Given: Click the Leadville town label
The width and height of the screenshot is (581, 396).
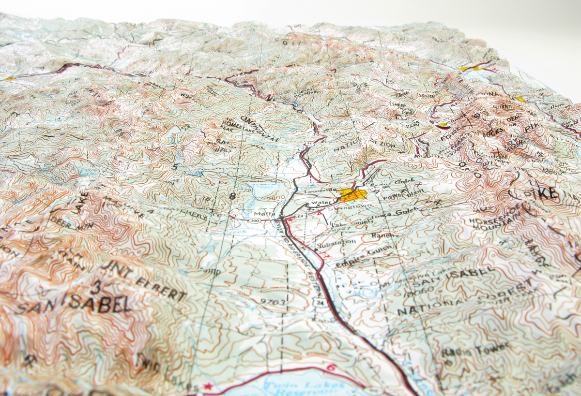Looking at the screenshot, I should pyautogui.click(x=319, y=191).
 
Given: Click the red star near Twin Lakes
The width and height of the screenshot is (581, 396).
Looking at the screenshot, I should pyautogui.click(x=209, y=386).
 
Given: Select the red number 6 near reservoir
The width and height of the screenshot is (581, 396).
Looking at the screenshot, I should pyautogui.click(x=331, y=367).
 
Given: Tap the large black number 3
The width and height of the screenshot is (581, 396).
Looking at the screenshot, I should pyautogui.click(x=98, y=287).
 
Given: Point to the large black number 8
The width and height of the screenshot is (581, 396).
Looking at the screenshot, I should pyautogui.click(x=234, y=196).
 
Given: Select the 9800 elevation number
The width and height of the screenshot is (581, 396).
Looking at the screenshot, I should pyautogui.click(x=274, y=198).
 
